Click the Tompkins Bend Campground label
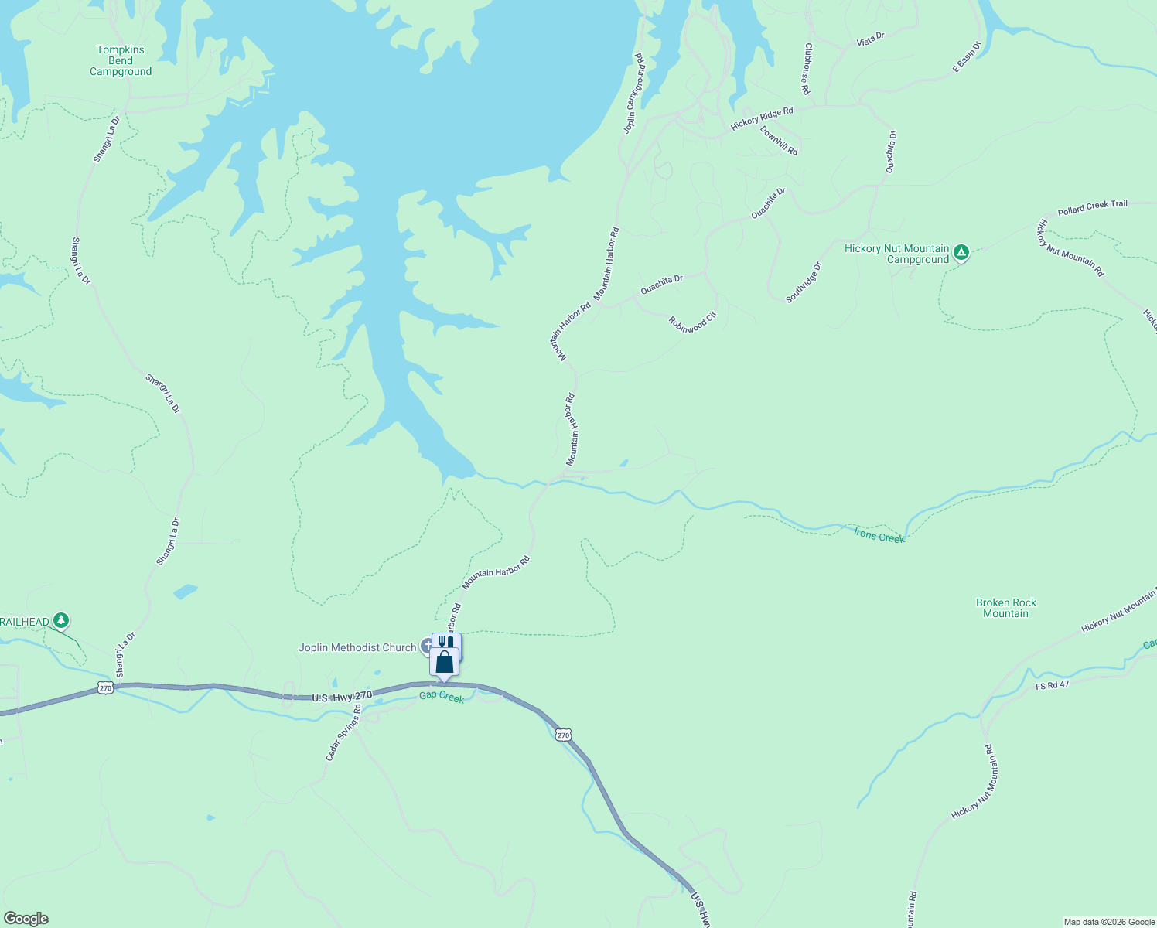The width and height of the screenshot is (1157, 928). click(x=121, y=61)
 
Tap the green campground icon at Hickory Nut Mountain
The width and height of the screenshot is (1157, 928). click(x=961, y=252)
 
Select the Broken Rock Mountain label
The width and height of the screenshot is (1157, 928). click(x=1005, y=608)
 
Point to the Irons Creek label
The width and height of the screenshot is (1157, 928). click(x=879, y=535)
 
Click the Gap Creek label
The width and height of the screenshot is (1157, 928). click(x=442, y=697)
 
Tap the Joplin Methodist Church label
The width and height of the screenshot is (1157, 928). click(x=357, y=647)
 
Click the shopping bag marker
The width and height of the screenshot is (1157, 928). click(x=445, y=663)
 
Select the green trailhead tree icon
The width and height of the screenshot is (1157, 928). click(x=61, y=621)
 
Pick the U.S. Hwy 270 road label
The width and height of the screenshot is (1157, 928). click(x=342, y=697)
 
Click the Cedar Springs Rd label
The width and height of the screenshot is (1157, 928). click(x=343, y=732)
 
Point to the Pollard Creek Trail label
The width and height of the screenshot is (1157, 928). click(x=1092, y=208)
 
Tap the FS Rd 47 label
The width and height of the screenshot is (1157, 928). click(x=1052, y=685)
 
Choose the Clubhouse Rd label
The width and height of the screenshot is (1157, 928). click(x=807, y=69)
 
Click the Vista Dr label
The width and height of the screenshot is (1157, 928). click(x=870, y=39)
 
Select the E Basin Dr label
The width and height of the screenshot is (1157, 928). click(x=966, y=58)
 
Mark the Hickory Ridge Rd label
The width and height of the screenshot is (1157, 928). click(x=762, y=119)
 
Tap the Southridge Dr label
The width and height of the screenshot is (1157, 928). click(x=804, y=282)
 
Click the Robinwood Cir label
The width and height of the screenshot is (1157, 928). click(x=693, y=322)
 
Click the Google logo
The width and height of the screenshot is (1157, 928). click(x=26, y=919)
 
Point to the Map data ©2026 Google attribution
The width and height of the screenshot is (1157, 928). click(x=1108, y=922)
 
